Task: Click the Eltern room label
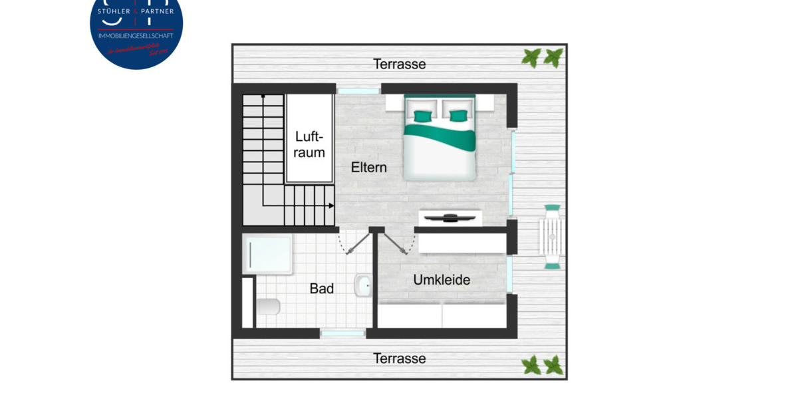(368, 168)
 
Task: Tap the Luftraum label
(310, 144)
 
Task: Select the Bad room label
(322, 289)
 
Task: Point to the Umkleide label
(442, 280)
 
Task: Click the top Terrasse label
(399, 65)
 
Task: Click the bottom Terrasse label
(399, 358)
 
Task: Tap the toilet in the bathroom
(267, 307)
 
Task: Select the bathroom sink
(363, 285)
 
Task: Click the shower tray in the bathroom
(267, 254)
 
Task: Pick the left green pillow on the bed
(422, 116)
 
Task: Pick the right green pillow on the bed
(458, 116)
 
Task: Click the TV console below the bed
(450, 217)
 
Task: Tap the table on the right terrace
(552, 237)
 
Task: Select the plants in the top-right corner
(543, 58)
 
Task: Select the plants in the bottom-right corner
(543, 365)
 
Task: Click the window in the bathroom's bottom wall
(342, 332)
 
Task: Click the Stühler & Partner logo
(136, 30)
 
